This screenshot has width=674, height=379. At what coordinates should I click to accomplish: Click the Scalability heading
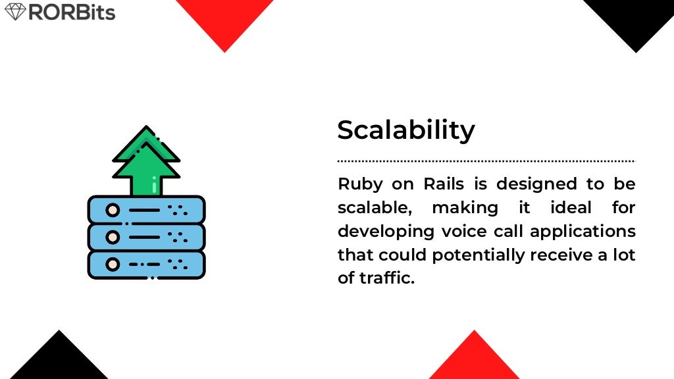[x=405, y=130]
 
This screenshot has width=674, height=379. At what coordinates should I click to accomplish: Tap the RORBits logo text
[x=72, y=12]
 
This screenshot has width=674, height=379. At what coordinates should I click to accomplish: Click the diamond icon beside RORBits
[x=14, y=12]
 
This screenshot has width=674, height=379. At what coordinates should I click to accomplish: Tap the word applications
[x=583, y=232]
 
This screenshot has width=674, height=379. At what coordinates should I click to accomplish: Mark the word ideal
[x=563, y=208]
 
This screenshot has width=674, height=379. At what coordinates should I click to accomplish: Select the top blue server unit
[x=146, y=211]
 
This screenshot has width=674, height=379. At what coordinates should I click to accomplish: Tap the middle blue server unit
[x=146, y=237]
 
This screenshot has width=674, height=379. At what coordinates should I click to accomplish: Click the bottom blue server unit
[x=146, y=264]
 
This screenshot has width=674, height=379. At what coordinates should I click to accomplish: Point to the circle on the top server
[x=113, y=211]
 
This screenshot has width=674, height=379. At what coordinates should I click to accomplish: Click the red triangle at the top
[x=224, y=20]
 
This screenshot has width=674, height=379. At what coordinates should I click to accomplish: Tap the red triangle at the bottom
[x=474, y=359]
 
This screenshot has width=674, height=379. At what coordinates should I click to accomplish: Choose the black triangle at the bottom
[x=59, y=359]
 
